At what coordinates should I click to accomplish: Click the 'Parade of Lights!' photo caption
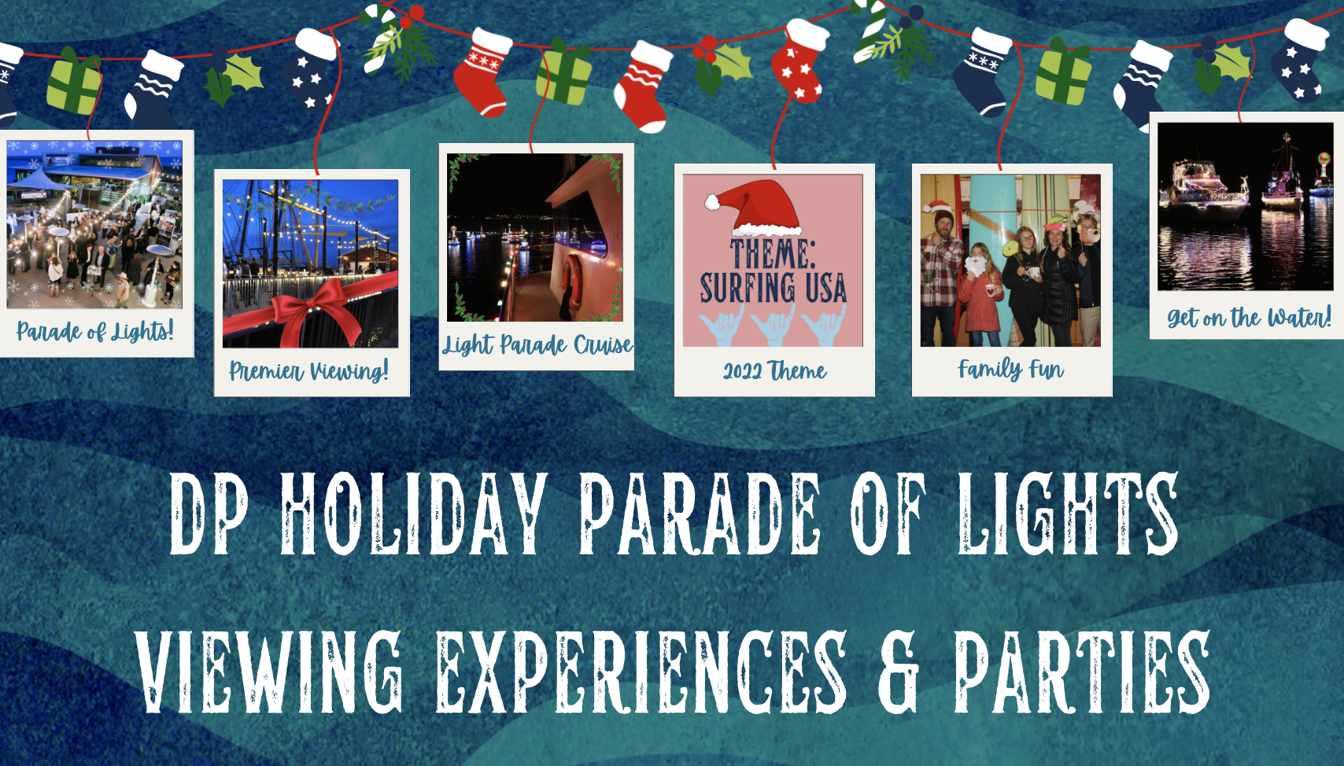coord(95,330)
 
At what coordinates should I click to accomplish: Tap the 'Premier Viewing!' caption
coord(309,370)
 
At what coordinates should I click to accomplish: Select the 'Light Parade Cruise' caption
coord(537,344)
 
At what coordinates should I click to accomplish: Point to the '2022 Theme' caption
coord(774,370)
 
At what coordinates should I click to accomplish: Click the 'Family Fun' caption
coord(1011,369)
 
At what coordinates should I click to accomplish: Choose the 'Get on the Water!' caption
coord(1249,316)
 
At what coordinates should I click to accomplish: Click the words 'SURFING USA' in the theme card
coord(774,287)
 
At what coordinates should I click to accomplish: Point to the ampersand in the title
coord(898,671)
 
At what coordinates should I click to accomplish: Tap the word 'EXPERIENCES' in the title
coord(641,671)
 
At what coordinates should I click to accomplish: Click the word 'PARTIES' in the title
coord(1082,671)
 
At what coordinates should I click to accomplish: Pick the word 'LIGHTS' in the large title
coord(1067,513)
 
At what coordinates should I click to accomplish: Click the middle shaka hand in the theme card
coord(774,325)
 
